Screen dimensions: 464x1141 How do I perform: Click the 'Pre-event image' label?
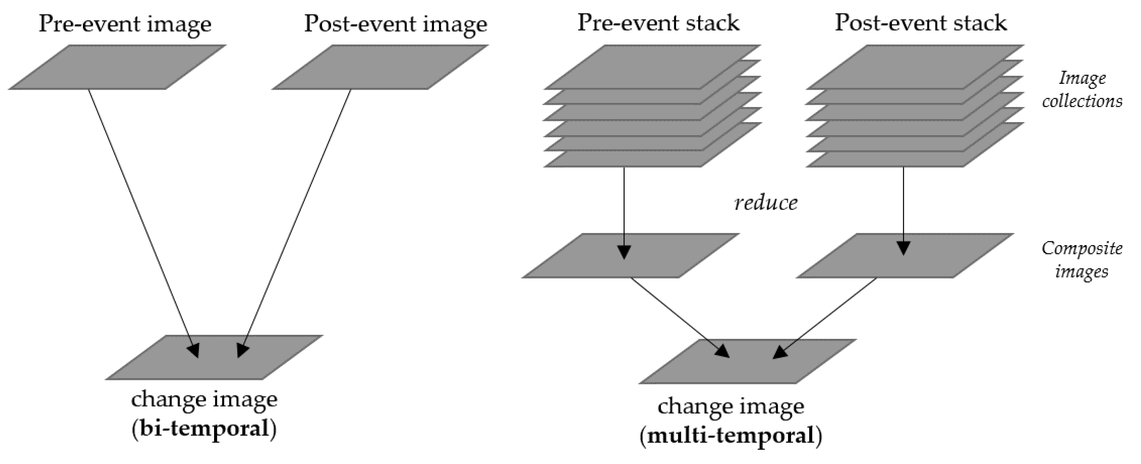click(125, 24)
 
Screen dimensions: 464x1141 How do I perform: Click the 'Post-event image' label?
click(395, 24)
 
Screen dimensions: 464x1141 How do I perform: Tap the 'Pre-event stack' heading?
click(658, 23)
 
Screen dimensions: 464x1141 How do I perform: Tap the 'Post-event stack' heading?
click(920, 23)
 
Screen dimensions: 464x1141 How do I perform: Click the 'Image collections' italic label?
click(1082, 90)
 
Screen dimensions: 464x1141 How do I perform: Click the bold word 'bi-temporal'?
click(204, 429)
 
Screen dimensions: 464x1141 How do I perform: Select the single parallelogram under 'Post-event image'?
click(381, 67)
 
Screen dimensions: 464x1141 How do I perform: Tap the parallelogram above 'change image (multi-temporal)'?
click(747, 361)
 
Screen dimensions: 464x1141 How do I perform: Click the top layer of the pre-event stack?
click(652, 66)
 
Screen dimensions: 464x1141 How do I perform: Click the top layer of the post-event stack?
click(915, 66)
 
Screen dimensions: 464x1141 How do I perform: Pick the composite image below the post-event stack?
click(905, 256)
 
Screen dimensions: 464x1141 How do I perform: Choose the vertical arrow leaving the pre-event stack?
click(624, 208)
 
